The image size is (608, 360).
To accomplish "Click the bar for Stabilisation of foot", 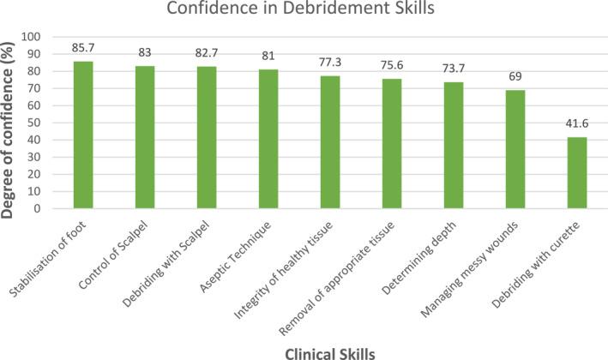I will click(82, 135).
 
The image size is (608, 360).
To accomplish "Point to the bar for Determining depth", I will click(453, 145).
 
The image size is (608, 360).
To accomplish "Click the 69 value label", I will click(515, 78).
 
